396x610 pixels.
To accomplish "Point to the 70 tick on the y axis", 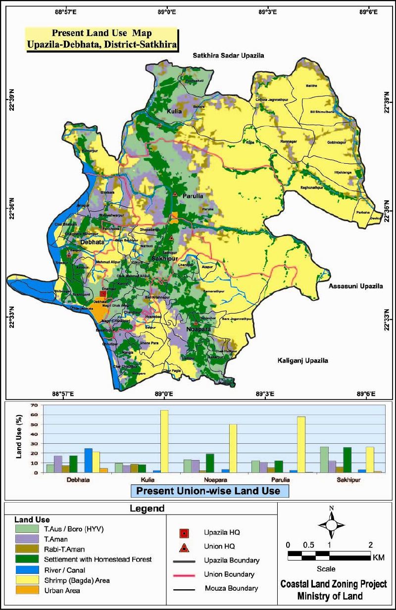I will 34,405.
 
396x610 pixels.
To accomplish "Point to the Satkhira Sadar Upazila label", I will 229,56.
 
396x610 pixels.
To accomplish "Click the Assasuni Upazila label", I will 355,286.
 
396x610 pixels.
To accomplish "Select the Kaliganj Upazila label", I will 302,361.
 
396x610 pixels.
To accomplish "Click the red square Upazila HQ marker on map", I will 103,294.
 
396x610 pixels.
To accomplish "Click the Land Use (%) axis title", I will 20,438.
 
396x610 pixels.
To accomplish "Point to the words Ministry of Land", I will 330,596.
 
